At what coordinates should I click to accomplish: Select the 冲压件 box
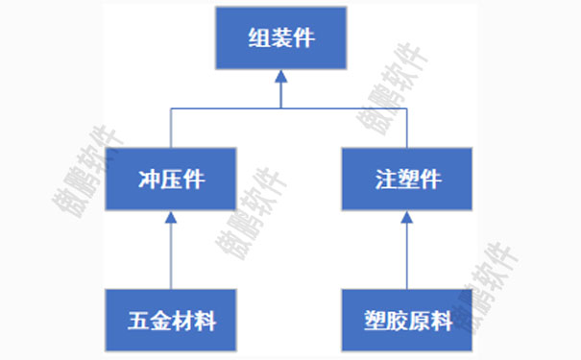tap(170, 178)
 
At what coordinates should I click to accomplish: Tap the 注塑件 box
tap(407, 178)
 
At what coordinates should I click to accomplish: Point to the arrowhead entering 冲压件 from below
tap(170, 216)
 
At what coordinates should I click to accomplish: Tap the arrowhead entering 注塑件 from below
tap(407, 216)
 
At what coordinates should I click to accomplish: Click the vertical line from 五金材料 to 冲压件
tap(170, 254)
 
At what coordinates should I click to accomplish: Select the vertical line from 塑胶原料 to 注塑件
tap(407, 254)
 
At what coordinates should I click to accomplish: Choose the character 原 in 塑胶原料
tap(420, 320)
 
